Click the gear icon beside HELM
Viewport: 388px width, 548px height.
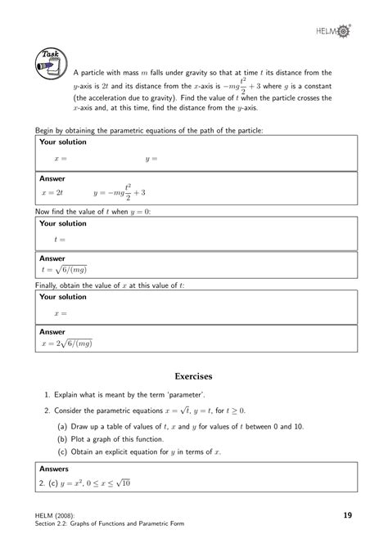pos(345,30)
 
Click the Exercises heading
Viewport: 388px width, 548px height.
pos(194,376)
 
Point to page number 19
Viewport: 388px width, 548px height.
pos(348,514)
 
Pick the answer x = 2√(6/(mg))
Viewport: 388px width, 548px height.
pos(68,344)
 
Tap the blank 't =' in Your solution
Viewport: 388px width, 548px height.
pos(59,239)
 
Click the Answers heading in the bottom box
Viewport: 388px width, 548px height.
pos(54,469)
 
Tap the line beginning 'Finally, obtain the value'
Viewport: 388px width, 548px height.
pos(110,285)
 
